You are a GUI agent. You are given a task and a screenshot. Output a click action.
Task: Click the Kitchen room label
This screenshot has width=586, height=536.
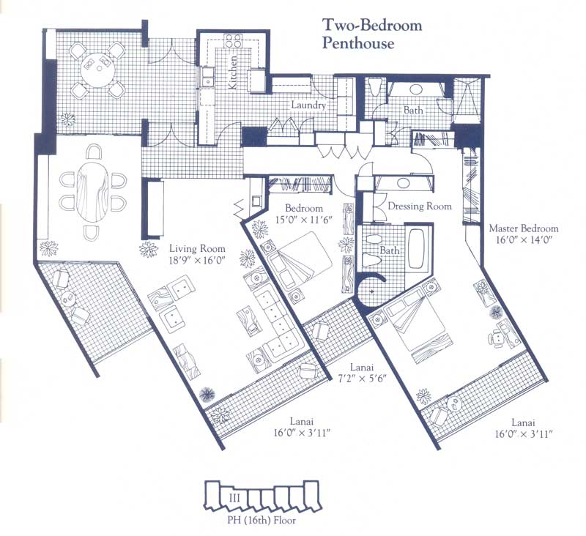click(232, 72)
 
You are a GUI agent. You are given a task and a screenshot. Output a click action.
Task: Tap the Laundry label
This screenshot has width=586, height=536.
click(308, 105)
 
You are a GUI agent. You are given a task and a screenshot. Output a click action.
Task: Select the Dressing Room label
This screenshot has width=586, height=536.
click(420, 206)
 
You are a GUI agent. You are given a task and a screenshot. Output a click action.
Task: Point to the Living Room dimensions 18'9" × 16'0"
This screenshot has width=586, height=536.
click(196, 260)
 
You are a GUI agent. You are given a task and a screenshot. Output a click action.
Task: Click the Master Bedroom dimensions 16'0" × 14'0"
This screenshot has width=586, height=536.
click(523, 239)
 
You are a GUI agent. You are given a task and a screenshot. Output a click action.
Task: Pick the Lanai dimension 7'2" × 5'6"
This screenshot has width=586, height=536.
click(361, 378)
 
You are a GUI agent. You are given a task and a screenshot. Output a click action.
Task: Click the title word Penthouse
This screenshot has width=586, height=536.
click(358, 43)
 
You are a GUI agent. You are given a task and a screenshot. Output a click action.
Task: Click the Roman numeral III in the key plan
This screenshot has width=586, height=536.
click(234, 497)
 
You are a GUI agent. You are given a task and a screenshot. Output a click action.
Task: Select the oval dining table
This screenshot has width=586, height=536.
click(93, 192)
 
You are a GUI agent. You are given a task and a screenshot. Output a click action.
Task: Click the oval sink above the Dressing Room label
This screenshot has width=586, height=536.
click(403, 182)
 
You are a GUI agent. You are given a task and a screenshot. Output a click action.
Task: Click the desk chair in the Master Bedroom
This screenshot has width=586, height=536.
click(495, 338)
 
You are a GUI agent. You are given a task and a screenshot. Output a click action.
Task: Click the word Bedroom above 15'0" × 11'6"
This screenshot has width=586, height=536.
click(304, 208)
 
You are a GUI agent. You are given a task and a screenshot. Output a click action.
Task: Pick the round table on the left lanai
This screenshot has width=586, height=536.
click(68, 299)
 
